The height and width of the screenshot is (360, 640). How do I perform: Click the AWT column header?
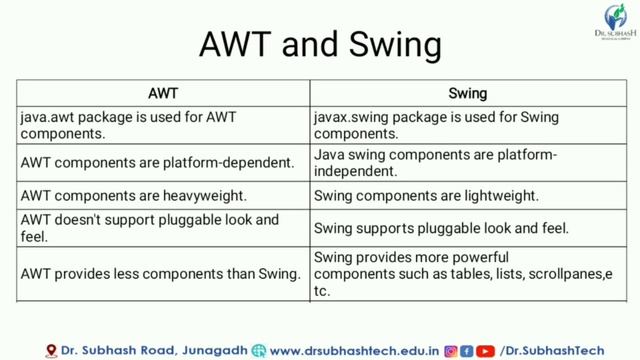click(x=163, y=94)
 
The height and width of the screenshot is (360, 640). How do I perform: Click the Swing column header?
click(x=467, y=94)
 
